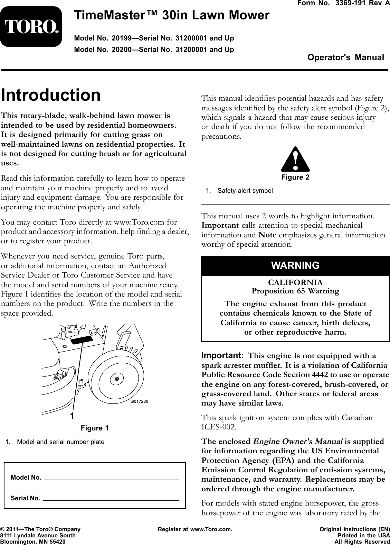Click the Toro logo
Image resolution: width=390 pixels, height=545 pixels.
coord(31,27)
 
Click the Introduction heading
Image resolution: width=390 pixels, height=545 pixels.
coord(51,95)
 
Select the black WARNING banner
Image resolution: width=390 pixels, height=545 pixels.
coord(295,265)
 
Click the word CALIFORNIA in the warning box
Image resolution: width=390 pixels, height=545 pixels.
coord(295,282)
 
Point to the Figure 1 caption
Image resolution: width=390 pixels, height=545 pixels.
coord(94,428)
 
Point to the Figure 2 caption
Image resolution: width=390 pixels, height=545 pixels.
coord(295,178)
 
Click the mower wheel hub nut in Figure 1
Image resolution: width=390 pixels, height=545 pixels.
coord(117,379)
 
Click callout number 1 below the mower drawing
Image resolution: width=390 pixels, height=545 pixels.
coord(72,416)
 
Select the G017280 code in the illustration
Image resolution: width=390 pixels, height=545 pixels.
coord(139,401)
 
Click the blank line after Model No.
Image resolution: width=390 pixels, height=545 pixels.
coord(112,479)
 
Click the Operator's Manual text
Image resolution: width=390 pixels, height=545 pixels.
coord(345,57)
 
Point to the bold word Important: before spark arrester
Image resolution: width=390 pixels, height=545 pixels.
coord(222,356)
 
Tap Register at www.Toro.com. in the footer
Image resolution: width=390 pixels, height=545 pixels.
coord(195,529)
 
